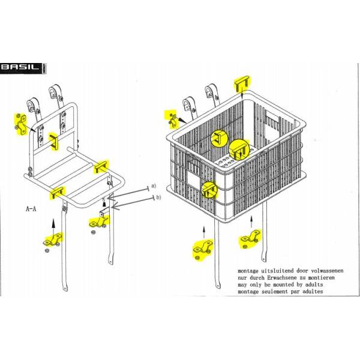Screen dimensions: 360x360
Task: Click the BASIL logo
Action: point(23,68)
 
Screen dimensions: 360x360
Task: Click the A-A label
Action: point(31,209)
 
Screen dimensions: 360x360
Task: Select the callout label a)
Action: point(153,186)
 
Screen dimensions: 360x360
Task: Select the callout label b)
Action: point(158,197)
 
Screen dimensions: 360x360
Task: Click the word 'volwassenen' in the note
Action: point(326,271)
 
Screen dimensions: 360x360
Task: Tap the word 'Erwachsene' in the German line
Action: point(283,278)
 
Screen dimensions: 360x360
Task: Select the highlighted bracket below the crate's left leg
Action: point(203,250)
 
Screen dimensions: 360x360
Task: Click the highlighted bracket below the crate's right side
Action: point(251,239)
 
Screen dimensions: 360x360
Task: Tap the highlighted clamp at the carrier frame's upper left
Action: point(21,125)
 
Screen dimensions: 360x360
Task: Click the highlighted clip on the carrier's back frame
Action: point(54,142)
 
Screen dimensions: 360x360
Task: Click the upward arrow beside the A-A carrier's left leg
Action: point(53,223)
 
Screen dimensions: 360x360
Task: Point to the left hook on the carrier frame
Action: point(31,106)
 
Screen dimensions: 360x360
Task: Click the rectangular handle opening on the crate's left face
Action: point(194,179)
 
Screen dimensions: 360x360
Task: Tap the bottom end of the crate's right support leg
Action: point(264,260)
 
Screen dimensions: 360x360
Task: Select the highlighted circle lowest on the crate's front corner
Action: point(209,190)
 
